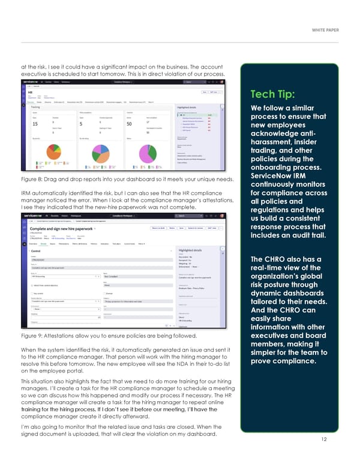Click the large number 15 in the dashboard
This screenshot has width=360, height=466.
tap(35, 124)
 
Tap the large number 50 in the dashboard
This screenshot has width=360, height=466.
tap(128, 124)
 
